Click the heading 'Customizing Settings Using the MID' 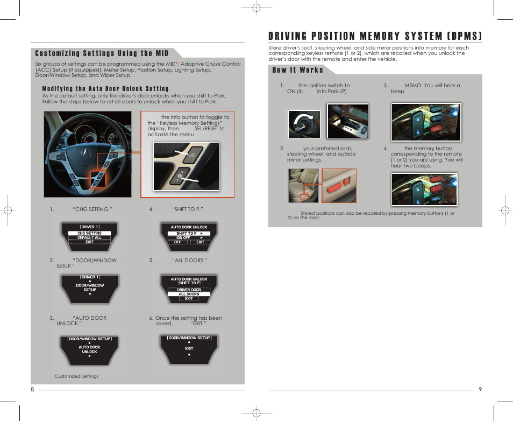point(102,53)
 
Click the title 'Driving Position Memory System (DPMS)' point(375,36)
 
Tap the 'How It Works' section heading point(297,69)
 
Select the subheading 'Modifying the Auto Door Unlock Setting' point(105,89)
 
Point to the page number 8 point(32,390)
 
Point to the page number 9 point(480,390)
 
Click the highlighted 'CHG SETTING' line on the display point(89,233)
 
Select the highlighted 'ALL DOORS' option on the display point(189,294)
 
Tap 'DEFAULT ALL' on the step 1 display point(89,237)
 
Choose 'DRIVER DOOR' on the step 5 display point(189,290)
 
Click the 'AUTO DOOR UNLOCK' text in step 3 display point(89,349)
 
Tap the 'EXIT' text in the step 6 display point(189,348)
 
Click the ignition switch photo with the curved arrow point(304,124)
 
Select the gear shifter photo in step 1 point(347,121)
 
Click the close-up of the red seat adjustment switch point(339,186)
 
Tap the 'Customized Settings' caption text point(76,376)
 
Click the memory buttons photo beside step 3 point(425,122)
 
